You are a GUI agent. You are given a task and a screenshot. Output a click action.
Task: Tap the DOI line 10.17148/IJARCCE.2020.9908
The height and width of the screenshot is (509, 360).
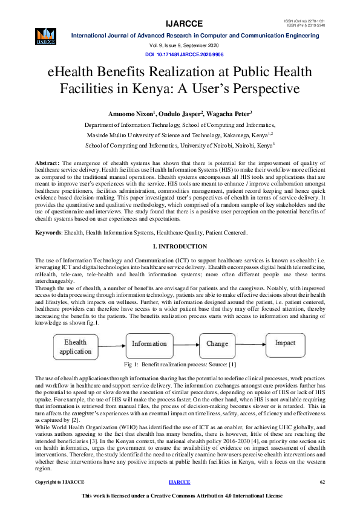pyautogui.click(x=180, y=54)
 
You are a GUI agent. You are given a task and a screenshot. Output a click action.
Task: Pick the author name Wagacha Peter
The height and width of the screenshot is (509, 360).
pyautogui.click(x=217, y=113)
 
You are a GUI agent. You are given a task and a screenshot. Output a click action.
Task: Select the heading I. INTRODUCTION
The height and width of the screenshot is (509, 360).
pyautogui.click(x=180, y=247)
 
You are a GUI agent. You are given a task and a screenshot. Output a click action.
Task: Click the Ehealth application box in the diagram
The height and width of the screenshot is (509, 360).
pyautogui.click(x=76, y=346)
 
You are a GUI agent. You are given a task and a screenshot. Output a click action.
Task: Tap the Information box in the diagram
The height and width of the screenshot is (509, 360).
pyautogui.click(x=149, y=344)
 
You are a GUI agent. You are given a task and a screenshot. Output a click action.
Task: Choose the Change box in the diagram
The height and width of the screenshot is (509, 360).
pyautogui.click(x=217, y=344)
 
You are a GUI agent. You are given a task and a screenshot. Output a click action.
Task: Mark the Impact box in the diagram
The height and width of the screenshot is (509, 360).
pyautogui.click(x=285, y=343)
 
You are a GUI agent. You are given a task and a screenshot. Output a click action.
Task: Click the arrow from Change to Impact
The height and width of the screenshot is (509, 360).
pyautogui.click(x=251, y=343)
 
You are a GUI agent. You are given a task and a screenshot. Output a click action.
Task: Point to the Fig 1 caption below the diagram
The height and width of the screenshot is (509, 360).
pyautogui.click(x=180, y=365)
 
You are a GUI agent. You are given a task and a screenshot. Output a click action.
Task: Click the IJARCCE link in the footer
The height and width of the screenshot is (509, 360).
pyautogui.click(x=180, y=482)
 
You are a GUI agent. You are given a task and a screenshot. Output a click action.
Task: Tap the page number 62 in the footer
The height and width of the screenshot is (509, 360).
pyautogui.click(x=322, y=482)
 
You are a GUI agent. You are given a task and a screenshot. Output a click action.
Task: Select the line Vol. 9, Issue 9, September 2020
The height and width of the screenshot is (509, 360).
pyautogui.click(x=180, y=46)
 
